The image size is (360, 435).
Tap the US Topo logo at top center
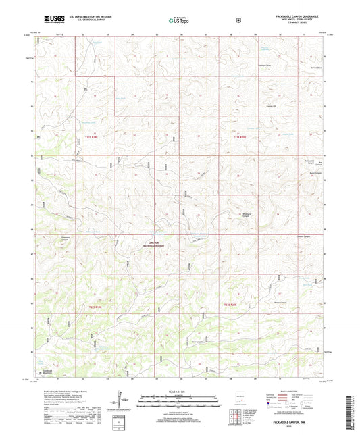[x=180, y=20]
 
